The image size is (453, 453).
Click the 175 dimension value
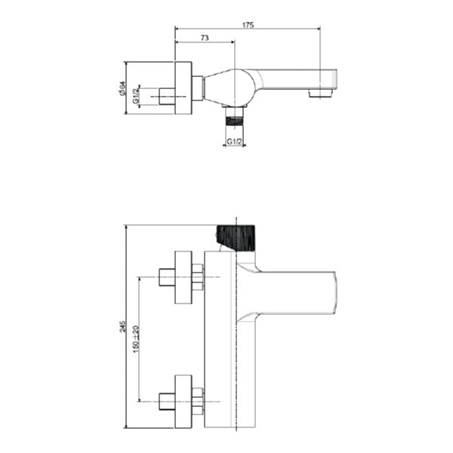(248, 25)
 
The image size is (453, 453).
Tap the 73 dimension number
(205, 38)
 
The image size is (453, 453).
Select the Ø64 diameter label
(122, 88)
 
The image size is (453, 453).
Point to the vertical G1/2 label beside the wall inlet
(136, 96)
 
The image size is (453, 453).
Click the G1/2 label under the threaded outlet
(234, 142)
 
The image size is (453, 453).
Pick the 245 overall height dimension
(123, 326)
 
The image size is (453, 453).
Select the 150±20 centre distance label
(136, 339)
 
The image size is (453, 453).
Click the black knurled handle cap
(236, 238)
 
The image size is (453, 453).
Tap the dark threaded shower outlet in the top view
(234, 120)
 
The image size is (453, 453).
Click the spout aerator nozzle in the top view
(321, 93)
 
